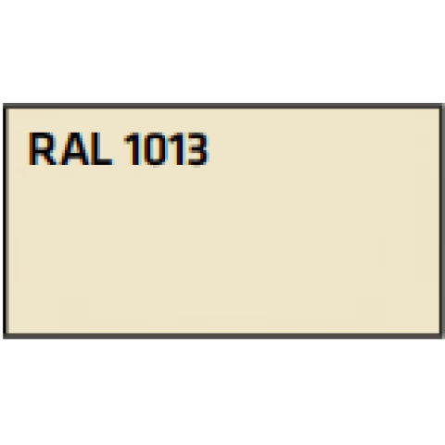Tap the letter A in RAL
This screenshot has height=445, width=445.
click(x=74, y=148)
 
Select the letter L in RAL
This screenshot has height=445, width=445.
click(x=101, y=148)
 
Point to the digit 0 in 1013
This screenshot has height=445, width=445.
click(x=156, y=148)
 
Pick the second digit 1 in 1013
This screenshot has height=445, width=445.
click(x=178, y=148)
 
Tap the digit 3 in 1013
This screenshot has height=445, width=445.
click(x=197, y=148)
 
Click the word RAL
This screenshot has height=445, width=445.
click(x=70, y=148)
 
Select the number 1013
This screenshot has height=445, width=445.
click(x=166, y=148)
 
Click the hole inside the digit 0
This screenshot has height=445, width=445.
click(x=156, y=149)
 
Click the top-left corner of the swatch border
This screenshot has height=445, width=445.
click(x=6, y=106)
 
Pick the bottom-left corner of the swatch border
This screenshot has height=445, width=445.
click(x=6, y=336)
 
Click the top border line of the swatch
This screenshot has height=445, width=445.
click(x=222, y=106)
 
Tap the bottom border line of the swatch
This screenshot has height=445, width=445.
click(x=222, y=336)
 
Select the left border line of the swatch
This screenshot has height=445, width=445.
click(x=6, y=221)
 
